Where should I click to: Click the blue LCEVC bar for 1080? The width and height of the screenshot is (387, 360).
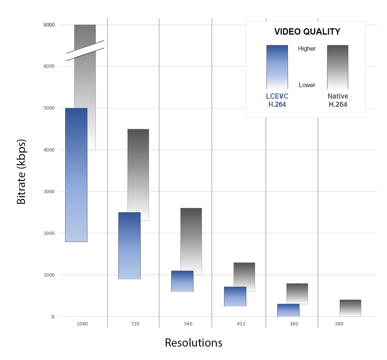coord(76,175)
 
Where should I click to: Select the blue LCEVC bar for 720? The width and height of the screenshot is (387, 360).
coord(129,246)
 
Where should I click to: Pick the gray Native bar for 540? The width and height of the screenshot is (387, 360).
coord(191,238)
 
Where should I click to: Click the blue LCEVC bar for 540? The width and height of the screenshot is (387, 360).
coord(182,281)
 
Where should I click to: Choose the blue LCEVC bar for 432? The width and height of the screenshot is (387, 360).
coord(235,296)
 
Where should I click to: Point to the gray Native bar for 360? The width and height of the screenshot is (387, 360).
coord(297,293)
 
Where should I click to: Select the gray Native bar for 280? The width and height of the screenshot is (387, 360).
coord(350,308)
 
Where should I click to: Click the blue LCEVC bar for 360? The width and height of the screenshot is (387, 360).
coord(288,310)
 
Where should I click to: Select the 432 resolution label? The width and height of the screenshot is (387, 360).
coord(241,324)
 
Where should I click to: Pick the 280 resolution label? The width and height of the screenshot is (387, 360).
coord(339,324)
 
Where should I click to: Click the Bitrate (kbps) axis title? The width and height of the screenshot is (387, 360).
coord(22,172)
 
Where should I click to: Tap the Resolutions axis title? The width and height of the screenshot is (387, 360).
coord(193,343)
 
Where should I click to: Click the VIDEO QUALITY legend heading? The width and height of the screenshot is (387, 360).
coord(307,32)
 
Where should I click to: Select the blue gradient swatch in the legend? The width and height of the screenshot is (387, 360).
coord(277,67)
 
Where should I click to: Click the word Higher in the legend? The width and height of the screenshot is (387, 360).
coord(307,48)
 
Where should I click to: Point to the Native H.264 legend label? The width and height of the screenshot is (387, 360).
coord(338,101)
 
